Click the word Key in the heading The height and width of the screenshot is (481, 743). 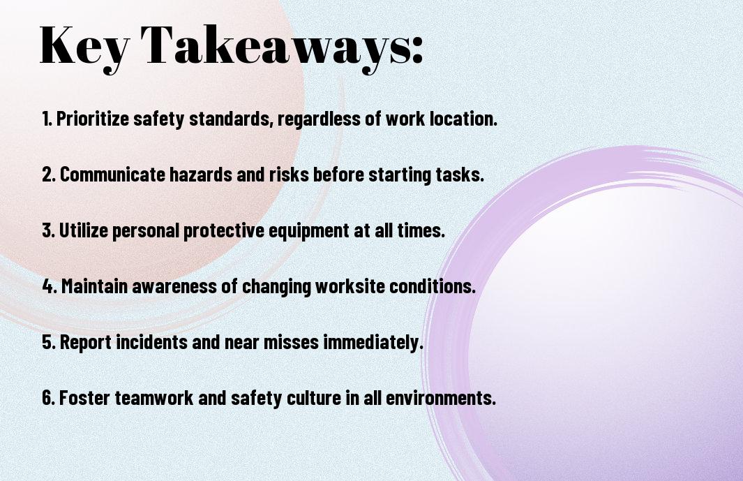(84, 47)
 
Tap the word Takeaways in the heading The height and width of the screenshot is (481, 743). (277, 47)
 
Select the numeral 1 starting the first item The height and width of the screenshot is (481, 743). (45, 119)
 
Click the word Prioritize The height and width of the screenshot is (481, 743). (92, 119)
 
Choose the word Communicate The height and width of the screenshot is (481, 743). (112, 175)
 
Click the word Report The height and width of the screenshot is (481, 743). (86, 342)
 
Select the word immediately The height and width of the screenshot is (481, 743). (373, 342)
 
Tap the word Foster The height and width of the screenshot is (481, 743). (85, 397)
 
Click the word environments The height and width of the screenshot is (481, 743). (441, 397)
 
